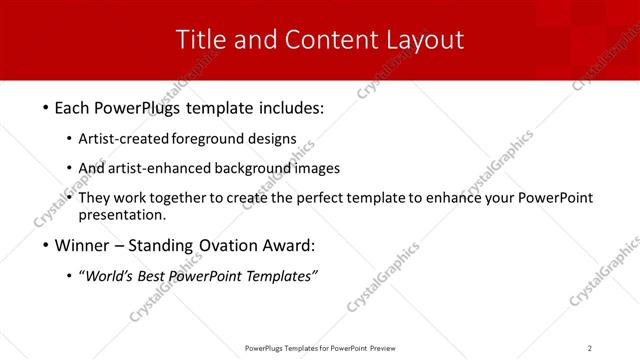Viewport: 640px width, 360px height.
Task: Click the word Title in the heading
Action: (x=200, y=40)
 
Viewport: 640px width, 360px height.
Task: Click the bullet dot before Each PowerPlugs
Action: (x=47, y=107)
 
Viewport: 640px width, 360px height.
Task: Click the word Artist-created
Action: (x=123, y=138)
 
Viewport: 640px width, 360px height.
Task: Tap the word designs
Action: (x=271, y=138)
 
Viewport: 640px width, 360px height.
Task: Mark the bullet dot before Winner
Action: (x=47, y=245)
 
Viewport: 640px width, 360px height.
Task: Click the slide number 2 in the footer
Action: (x=590, y=348)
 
